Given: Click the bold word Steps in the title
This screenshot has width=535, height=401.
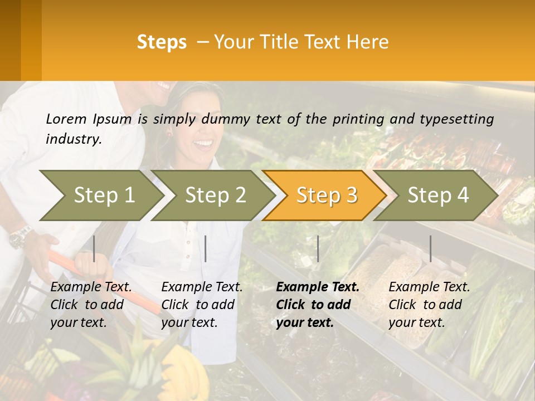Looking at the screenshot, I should (x=162, y=42).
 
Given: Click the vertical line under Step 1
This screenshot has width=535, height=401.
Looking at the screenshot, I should (x=94, y=248).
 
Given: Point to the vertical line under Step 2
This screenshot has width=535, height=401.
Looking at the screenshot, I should (x=206, y=248).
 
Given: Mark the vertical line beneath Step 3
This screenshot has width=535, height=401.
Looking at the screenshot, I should (x=318, y=248).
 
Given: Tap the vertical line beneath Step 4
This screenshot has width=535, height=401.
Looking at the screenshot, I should (x=430, y=248).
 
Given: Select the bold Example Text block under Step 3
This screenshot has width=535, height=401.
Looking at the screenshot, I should (x=318, y=305).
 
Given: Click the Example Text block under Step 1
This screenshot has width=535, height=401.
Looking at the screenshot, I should (x=91, y=305).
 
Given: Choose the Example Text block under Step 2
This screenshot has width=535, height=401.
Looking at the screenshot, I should (x=202, y=305).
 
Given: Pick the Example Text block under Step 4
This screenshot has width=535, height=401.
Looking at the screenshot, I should (x=429, y=305).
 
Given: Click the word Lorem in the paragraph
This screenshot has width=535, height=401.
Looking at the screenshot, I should (x=66, y=119).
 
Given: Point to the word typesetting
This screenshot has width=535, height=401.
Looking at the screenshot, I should (x=454, y=119).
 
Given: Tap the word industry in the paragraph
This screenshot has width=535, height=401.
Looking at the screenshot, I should (x=73, y=139).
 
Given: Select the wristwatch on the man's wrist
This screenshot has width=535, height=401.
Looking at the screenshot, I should (x=21, y=236).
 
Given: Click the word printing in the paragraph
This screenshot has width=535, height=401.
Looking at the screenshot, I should (x=359, y=119).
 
